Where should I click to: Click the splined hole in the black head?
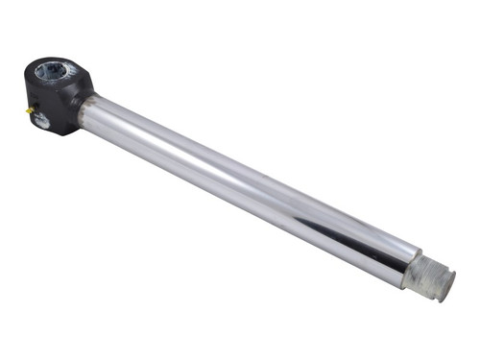[x=52, y=71]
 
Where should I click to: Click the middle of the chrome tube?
[x=250, y=193]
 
